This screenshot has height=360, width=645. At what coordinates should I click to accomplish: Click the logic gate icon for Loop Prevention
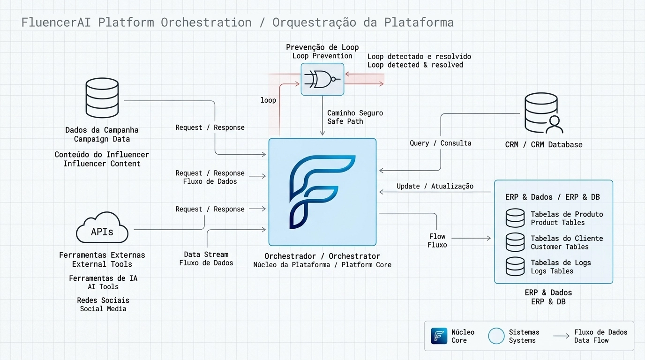coord(322,79)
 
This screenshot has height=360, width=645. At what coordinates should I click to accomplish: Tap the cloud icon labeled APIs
coord(102,228)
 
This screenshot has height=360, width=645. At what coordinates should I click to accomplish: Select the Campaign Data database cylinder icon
coord(102,98)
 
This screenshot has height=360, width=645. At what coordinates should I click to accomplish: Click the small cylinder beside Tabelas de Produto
coord(515,218)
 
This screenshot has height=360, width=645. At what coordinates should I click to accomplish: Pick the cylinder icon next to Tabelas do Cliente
coord(515,242)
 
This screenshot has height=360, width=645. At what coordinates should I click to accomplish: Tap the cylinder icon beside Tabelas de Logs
coord(515,266)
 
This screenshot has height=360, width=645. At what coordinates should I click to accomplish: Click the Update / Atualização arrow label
coord(435,186)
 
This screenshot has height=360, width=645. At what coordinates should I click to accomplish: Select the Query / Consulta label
coord(440,143)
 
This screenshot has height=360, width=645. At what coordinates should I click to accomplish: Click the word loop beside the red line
coord(268,100)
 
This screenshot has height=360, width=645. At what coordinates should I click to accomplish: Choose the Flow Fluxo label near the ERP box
coord(437,240)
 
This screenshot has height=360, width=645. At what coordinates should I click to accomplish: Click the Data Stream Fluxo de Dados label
coord(206,259)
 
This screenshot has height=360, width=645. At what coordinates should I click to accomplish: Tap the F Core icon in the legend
coord(439,336)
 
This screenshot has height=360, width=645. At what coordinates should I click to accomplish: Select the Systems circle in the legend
coord(496,336)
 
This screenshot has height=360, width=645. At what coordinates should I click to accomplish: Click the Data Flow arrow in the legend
coord(561,336)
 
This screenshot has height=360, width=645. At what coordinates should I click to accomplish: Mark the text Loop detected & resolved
coord(415,65)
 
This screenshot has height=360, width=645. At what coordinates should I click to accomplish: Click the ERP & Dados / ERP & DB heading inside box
coord(552,197)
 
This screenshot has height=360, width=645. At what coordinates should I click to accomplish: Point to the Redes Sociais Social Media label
coord(103,304)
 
